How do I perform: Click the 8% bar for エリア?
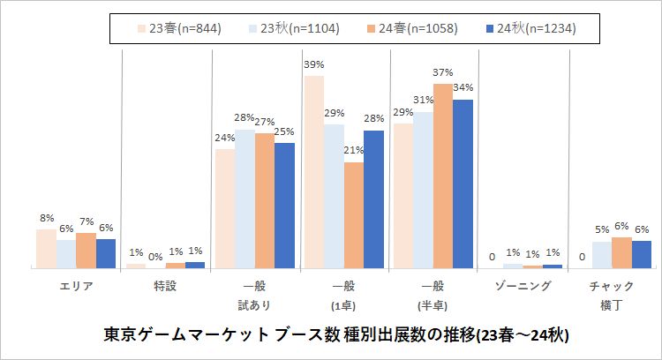tap(46, 248)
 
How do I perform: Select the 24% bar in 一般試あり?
tap(224, 207)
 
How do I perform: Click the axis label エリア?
tap(76, 286)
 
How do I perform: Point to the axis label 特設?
tap(165, 286)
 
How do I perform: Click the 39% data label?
tap(314, 64)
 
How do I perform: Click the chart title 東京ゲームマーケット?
tap(336, 336)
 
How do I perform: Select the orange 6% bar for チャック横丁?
tap(621, 251)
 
